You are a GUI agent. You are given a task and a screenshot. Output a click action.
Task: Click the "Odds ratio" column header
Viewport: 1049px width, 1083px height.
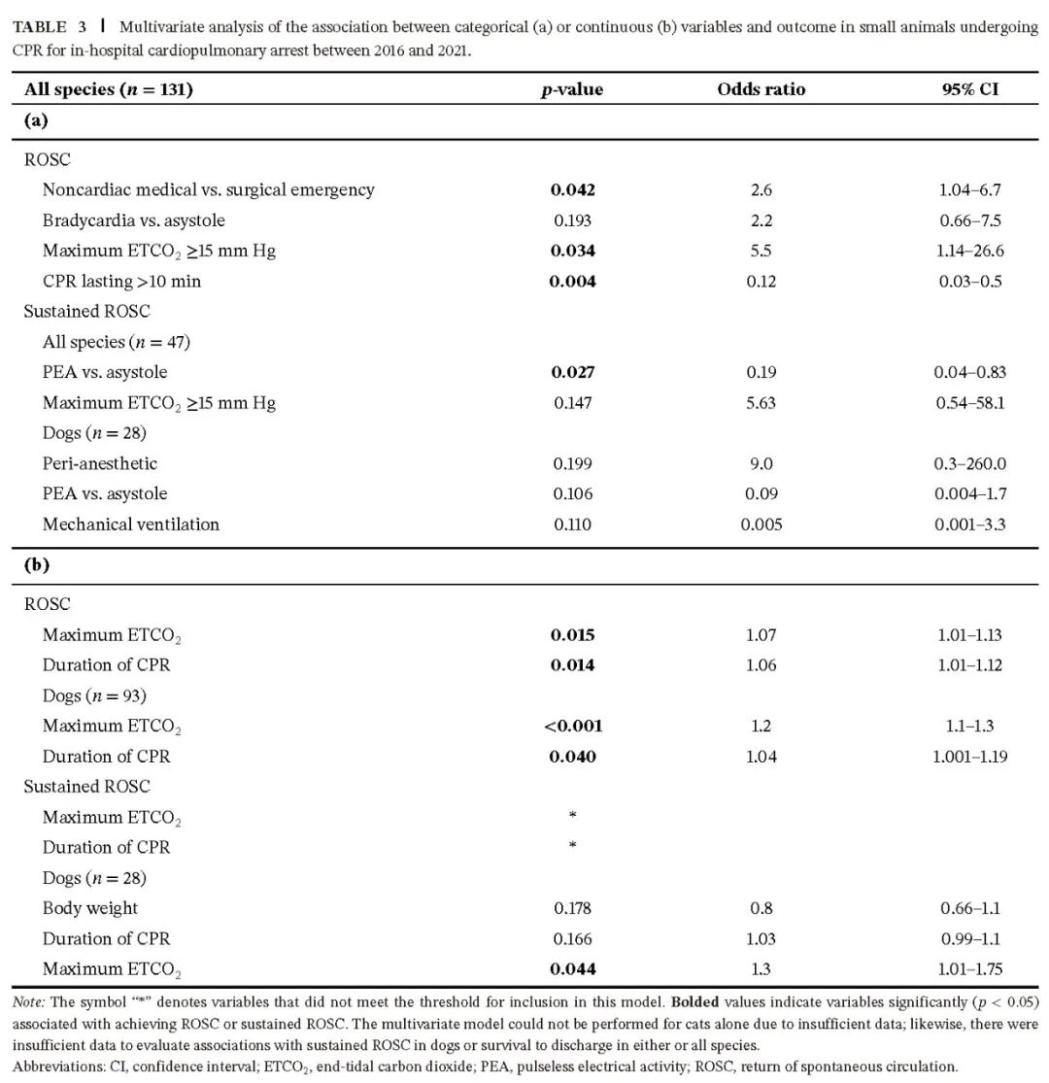coord(761,89)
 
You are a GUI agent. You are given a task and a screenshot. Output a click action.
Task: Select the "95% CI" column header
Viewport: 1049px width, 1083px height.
coord(970,89)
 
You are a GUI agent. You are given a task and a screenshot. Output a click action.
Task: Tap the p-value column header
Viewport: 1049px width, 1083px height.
coord(572,89)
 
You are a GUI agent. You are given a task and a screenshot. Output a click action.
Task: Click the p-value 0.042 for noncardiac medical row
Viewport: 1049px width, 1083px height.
coord(572,189)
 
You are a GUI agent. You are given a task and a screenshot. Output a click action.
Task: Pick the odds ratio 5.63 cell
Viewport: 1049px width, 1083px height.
coord(761,402)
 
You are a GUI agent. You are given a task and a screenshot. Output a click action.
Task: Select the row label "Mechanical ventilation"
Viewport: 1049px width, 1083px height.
coord(131,525)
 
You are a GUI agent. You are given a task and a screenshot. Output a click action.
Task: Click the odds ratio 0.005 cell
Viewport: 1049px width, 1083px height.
coord(761,525)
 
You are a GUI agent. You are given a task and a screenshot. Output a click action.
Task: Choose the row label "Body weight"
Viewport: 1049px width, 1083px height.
coord(90,908)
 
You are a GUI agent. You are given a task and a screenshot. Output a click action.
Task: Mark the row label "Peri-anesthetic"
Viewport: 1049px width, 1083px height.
coord(100,463)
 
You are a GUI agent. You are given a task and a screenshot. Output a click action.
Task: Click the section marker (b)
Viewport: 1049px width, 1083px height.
coord(37,565)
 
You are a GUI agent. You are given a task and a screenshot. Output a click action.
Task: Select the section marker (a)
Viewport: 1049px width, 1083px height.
coord(37,121)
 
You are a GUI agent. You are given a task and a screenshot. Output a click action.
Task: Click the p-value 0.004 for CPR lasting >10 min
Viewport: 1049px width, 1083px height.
coord(572,281)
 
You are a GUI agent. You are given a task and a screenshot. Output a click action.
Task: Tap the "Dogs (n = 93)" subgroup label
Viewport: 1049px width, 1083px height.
coord(94,695)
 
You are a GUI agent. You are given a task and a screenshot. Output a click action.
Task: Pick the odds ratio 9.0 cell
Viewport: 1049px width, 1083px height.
coord(761,463)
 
